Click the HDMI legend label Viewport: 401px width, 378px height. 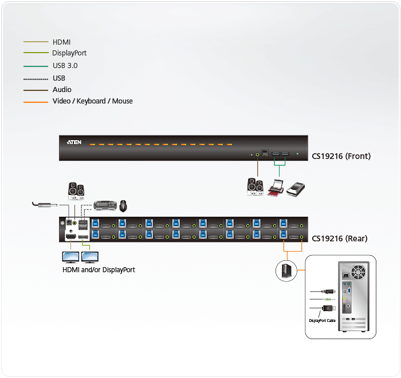point(62,42)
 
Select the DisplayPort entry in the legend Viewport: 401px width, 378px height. point(69,53)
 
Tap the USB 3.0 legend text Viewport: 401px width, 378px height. point(65,66)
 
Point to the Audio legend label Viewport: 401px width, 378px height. point(62,90)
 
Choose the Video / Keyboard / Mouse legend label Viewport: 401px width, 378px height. point(92,101)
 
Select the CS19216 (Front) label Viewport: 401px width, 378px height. point(341,156)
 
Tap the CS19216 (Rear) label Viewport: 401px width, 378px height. point(339,238)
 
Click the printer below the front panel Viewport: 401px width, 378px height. point(276,188)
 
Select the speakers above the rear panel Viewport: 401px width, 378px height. point(76,190)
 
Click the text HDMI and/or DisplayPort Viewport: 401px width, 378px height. point(99,269)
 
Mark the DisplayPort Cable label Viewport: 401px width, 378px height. point(322,320)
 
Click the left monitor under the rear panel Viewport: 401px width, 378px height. point(71,257)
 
